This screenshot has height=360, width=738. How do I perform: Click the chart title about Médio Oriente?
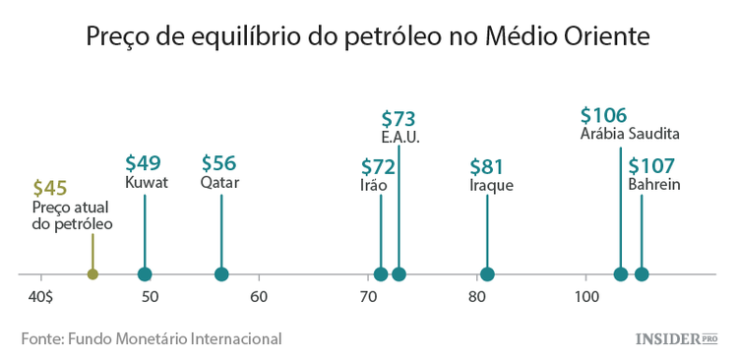[x=368, y=37]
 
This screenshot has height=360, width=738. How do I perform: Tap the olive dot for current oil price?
[x=92, y=274]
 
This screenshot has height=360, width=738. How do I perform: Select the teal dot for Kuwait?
[x=145, y=274]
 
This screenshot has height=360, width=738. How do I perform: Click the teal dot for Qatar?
[x=221, y=274]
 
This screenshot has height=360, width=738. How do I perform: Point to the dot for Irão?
[x=381, y=274]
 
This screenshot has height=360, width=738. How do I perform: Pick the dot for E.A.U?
[x=399, y=274]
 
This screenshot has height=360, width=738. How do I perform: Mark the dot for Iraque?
[x=487, y=274]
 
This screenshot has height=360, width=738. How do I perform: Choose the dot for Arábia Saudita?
[x=621, y=274]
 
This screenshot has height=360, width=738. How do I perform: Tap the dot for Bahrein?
[x=642, y=274]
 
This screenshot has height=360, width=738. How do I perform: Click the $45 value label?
[x=50, y=188]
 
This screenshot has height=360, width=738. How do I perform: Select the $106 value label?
[x=603, y=115]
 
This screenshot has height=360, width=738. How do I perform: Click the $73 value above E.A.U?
[x=399, y=119]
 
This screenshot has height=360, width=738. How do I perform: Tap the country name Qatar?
[x=219, y=183]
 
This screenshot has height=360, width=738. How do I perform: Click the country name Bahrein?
[x=654, y=184]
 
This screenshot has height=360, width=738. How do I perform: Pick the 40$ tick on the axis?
[x=40, y=296]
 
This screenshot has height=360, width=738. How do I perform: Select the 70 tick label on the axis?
[x=367, y=296]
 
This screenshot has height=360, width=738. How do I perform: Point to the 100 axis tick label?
[x=586, y=296]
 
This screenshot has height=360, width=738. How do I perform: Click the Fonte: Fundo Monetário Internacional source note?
[x=152, y=338]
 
